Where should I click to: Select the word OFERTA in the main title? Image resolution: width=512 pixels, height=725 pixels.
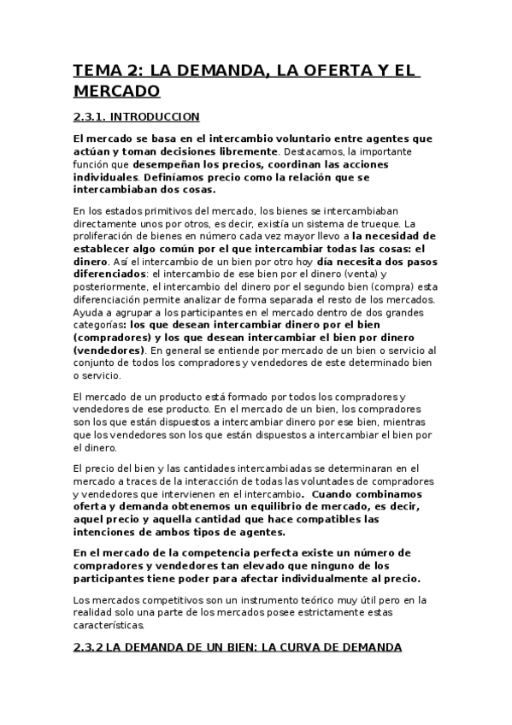313,70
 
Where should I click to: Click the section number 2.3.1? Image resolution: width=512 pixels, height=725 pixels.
91,117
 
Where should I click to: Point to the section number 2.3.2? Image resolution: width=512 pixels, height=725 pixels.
90,647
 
